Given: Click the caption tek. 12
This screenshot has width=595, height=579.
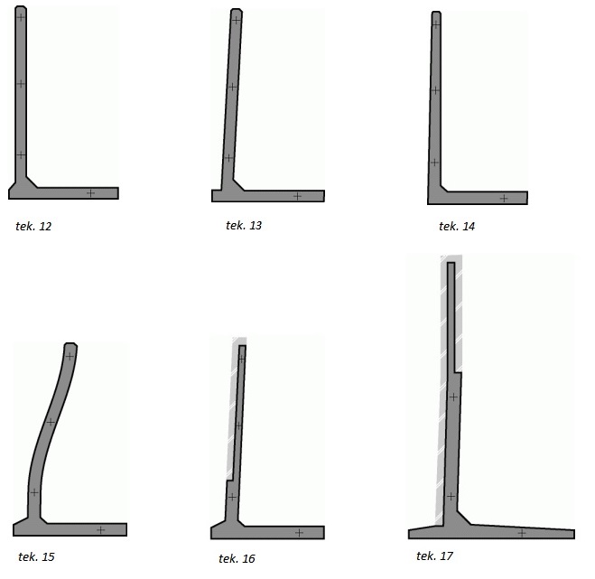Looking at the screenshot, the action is click(x=33, y=227).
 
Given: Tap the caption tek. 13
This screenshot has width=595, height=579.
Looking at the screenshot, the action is click(x=244, y=226).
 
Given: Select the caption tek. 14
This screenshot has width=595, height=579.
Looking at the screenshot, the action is click(x=457, y=227).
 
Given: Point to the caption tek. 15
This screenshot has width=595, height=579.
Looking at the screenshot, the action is click(x=36, y=557).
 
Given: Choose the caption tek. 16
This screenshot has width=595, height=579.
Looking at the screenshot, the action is click(x=237, y=558).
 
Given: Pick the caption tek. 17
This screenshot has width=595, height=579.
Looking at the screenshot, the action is click(x=434, y=556).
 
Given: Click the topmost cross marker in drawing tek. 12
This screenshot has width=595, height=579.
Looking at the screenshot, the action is click(x=21, y=17).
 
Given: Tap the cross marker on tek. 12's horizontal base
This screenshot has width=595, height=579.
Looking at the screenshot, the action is click(x=90, y=193).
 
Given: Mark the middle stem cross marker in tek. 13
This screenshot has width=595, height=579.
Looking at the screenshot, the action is click(x=232, y=88).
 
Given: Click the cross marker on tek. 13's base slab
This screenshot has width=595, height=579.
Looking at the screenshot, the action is click(x=298, y=196).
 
